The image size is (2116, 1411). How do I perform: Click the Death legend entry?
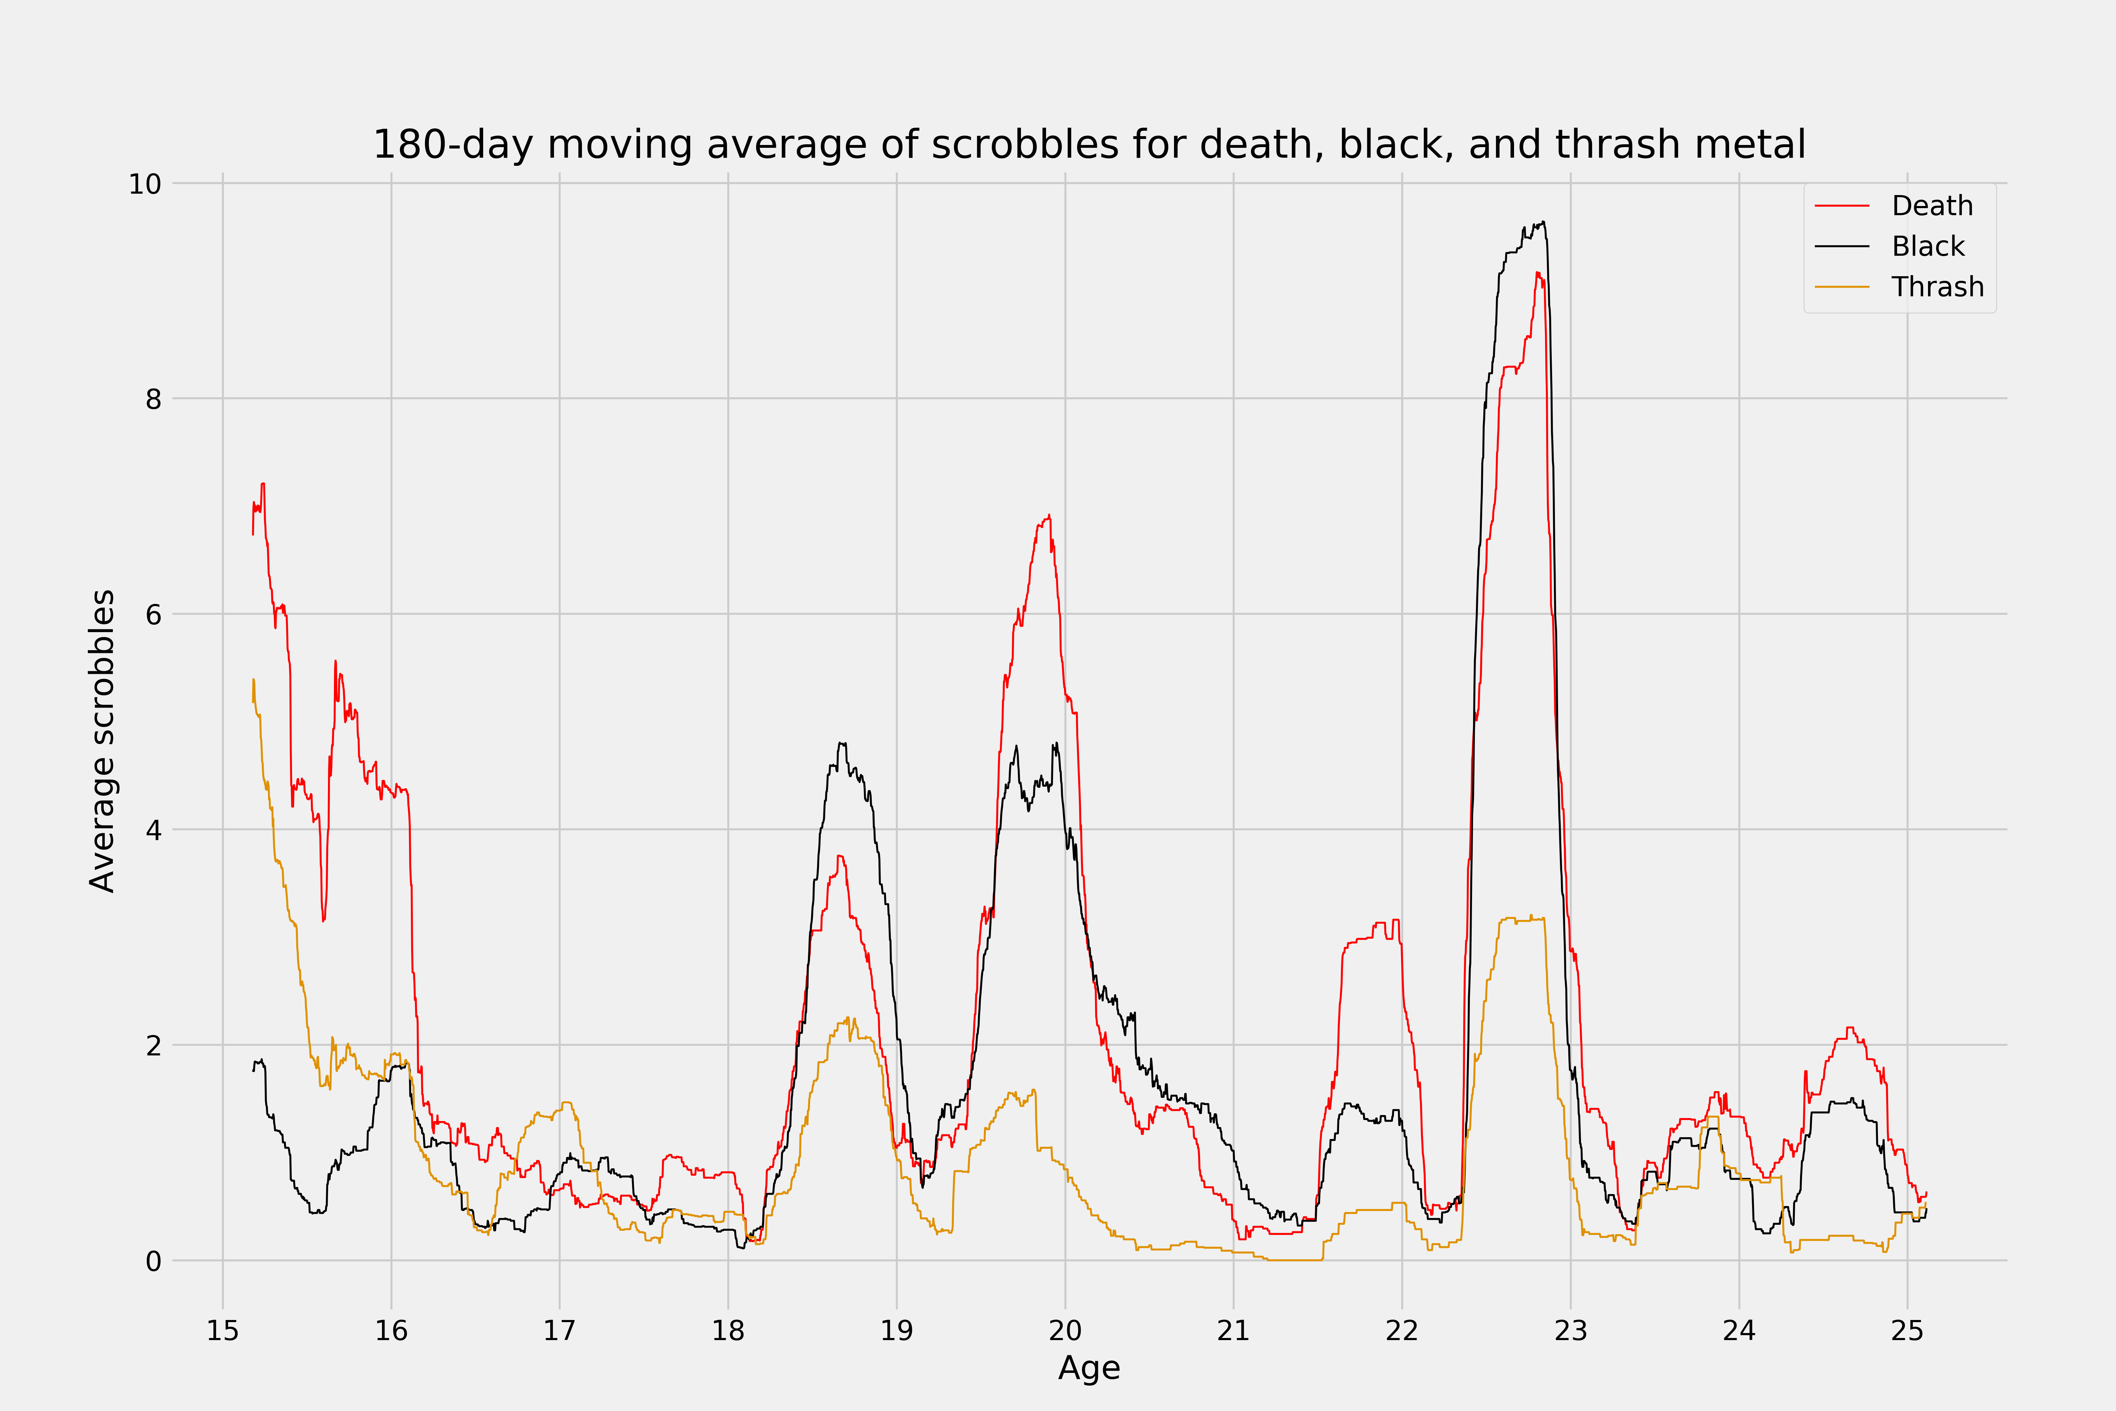click(x=1932, y=206)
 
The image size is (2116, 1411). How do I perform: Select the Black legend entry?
click(x=1928, y=247)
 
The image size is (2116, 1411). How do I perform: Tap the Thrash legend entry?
click(x=1937, y=287)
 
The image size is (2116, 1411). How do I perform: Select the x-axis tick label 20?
click(x=1065, y=1331)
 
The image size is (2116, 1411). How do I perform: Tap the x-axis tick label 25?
click(x=1907, y=1331)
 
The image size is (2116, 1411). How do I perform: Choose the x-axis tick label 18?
click(x=728, y=1331)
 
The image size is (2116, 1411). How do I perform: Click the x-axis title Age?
click(x=1089, y=1369)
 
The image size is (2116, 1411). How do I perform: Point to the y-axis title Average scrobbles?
click(x=103, y=740)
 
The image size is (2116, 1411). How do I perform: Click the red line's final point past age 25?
click(x=1926, y=1192)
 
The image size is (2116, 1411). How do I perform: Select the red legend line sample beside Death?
click(x=1842, y=206)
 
